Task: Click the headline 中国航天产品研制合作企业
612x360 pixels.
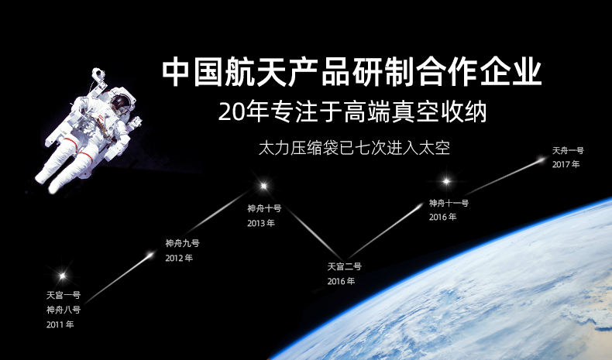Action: pos(351,73)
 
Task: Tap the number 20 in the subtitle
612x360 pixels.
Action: pos(230,113)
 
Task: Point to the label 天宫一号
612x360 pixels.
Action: pos(63,295)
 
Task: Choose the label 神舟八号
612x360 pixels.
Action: pos(63,310)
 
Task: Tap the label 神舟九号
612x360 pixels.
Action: pos(182,243)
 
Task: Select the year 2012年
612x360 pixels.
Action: pos(179,258)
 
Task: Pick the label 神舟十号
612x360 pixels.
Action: pos(264,208)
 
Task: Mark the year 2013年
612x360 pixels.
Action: pos(261,223)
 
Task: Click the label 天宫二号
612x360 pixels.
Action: pos(344,266)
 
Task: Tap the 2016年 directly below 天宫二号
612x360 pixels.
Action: pos(341,281)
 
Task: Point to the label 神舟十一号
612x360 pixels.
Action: pos(449,203)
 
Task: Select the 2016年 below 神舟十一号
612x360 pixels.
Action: pos(442,218)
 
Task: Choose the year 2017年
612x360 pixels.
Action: pos(566,164)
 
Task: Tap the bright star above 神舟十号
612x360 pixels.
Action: pos(263,186)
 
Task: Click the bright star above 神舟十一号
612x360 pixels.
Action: pos(446,182)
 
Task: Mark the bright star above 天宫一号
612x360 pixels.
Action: pos(63,275)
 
